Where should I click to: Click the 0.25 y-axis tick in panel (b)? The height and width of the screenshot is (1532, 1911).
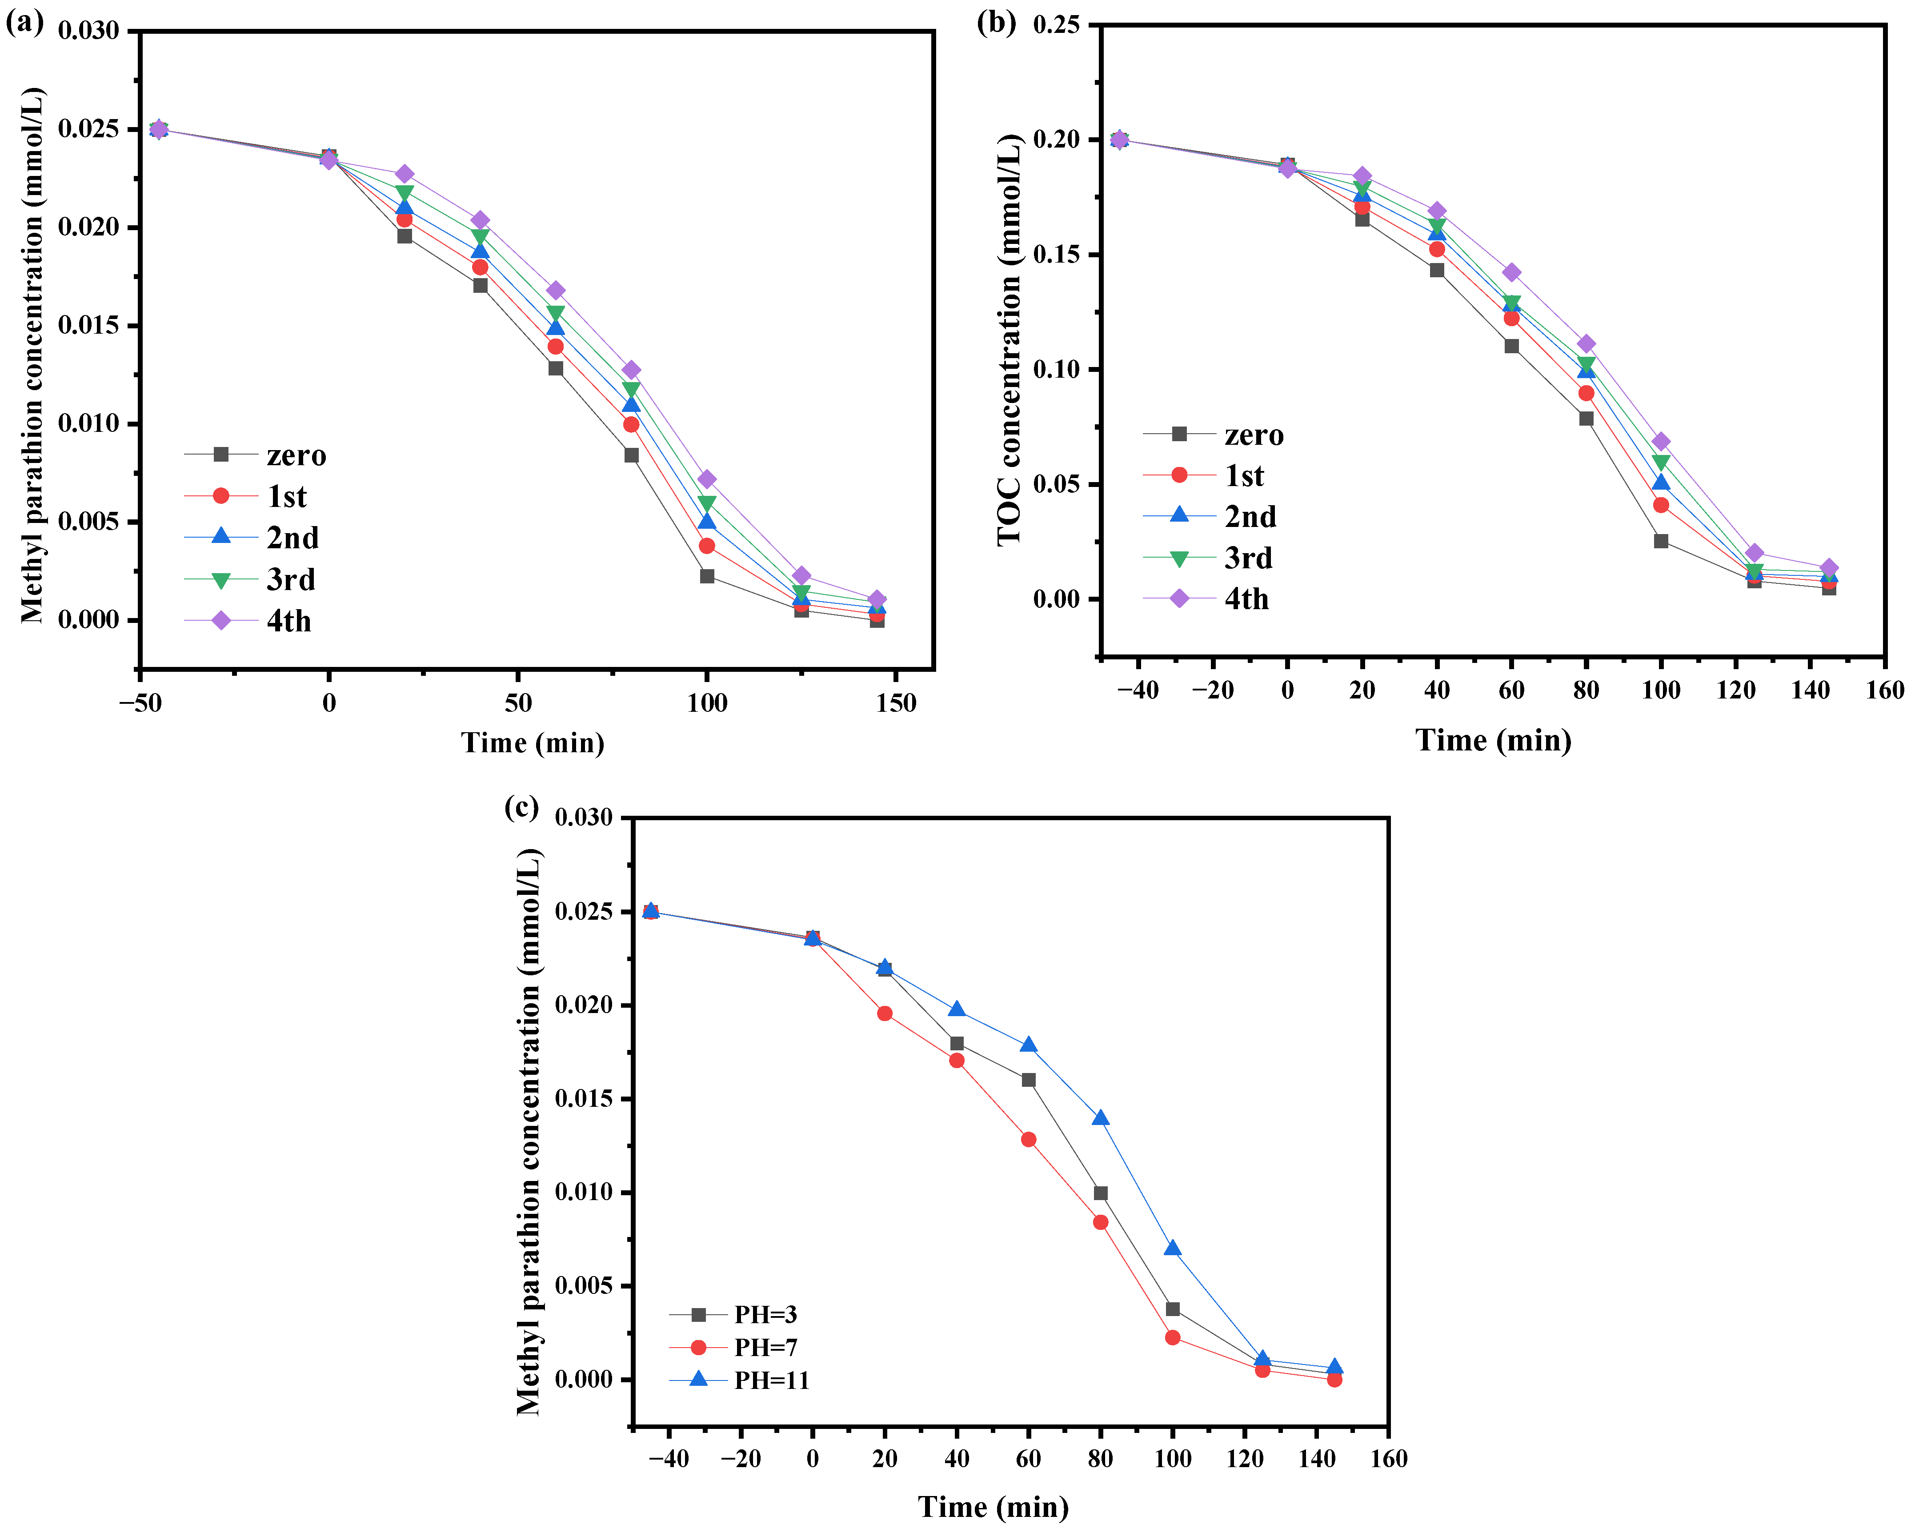(1057, 25)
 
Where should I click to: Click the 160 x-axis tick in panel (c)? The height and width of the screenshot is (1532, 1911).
(1388, 1458)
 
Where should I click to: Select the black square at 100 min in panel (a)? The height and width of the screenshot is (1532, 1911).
(706, 576)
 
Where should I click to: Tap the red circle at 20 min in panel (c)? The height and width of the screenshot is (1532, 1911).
(885, 1013)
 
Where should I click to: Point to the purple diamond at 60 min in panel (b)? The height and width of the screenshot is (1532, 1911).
(1511, 272)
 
